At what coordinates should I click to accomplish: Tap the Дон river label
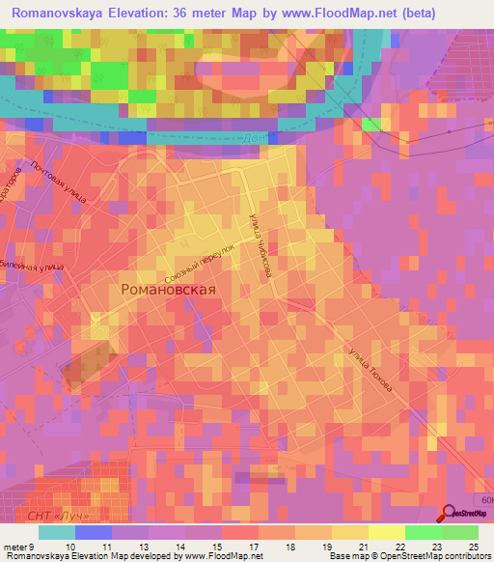coord(253,138)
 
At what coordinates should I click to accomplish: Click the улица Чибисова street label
coord(258,245)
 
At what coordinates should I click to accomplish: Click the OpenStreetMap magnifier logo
coord(450,513)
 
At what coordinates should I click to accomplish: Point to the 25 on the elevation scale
coord(473,546)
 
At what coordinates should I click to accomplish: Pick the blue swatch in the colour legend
coord(94,532)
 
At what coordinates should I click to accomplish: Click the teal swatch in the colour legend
coord(57,532)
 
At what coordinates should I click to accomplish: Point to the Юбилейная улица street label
coord(31,264)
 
